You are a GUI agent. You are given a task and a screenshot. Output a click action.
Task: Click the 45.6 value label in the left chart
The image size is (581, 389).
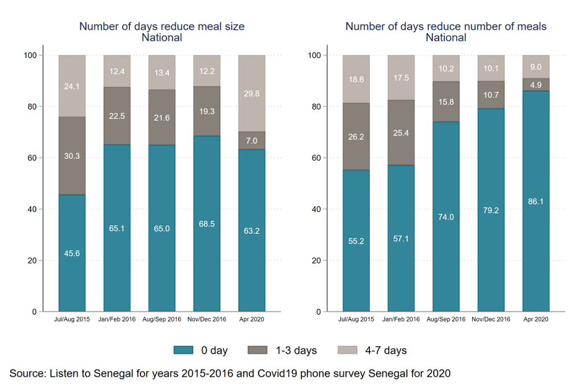72,253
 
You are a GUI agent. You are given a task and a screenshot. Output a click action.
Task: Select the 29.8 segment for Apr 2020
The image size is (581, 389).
251,93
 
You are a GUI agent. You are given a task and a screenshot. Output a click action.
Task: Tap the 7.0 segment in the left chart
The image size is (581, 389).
251,140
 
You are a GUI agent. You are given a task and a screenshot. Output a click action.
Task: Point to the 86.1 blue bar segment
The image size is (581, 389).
536,202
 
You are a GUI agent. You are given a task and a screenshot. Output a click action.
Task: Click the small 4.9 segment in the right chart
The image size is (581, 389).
536,85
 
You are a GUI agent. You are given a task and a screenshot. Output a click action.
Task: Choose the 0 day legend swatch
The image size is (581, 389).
185,351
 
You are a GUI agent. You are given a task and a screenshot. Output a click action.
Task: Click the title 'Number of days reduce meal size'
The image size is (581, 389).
161,27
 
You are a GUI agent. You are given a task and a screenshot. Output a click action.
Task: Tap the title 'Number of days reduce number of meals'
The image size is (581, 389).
445,27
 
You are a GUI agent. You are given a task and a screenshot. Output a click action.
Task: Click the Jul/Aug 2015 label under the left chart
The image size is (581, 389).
72,319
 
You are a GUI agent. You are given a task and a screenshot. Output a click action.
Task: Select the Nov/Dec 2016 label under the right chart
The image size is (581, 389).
491,319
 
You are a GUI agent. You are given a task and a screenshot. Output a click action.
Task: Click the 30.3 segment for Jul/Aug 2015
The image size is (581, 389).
72,156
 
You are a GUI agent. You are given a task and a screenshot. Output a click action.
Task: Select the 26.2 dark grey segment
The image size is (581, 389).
356,137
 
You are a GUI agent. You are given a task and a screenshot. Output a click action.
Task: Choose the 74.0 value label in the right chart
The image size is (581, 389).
446,217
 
